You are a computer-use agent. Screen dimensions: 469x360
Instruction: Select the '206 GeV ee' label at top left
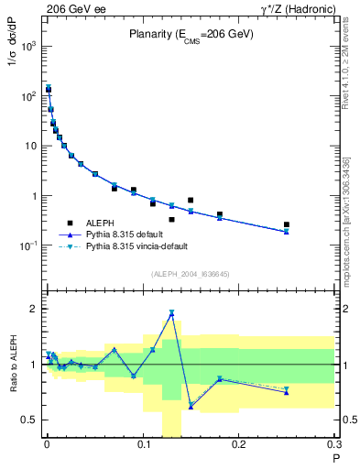(74, 8)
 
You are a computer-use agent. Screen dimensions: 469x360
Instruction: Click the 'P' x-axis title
(334, 458)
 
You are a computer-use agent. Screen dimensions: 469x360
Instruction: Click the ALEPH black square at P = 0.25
(287, 224)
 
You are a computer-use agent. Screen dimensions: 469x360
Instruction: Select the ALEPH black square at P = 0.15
(191, 200)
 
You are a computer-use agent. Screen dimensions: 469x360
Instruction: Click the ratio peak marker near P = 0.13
(171, 313)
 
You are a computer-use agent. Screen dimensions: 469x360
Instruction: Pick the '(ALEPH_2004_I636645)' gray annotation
(191, 275)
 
